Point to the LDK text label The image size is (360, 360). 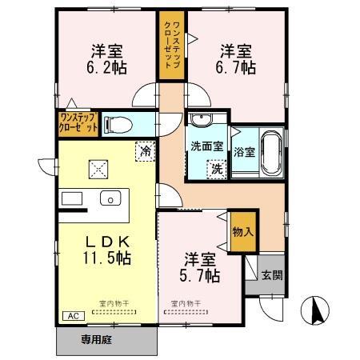click(x=107, y=242)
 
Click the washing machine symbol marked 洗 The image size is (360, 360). click(x=214, y=169)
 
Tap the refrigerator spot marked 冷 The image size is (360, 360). click(x=145, y=150)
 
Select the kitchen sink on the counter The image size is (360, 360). click(x=107, y=198)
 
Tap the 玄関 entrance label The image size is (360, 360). click(x=271, y=275)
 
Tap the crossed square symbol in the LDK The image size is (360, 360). click(x=99, y=167)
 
